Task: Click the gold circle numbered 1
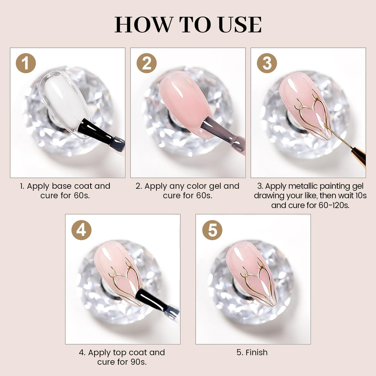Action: [26, 63]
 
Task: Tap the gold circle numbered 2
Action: [147, 63]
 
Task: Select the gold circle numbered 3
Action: [267, 63]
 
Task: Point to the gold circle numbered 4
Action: [81, 230]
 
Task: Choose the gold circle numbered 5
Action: [212, 230]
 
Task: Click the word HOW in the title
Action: [144, 25]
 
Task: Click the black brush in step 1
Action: [101, 135]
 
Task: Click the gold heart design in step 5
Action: [258, 285]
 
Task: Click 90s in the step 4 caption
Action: [139, 362]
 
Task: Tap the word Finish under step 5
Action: [256, 352]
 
